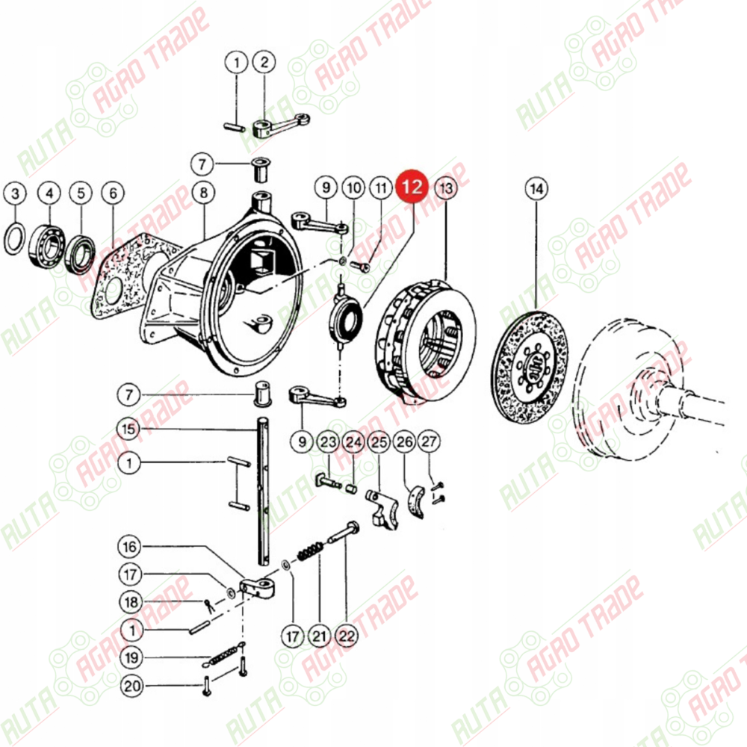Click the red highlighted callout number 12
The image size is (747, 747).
[x=412, y=187]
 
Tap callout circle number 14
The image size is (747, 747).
[x=536, y=189]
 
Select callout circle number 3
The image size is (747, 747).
[x=15, y=193]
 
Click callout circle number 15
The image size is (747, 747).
[x=129, y=429]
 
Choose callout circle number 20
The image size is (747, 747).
[x=132, y=686]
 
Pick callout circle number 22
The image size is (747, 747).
[x=347, y=636]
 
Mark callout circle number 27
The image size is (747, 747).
[x=429, y=441]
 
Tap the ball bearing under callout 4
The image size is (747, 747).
[x=47, y=245]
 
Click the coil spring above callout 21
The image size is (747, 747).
[x=311, y=551]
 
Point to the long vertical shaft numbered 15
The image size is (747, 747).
[x=264, y=491]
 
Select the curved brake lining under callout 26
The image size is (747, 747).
[x=417, y=501]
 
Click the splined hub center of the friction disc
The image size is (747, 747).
[x=533, y=368]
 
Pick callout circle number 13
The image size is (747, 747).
[x=446, y=187]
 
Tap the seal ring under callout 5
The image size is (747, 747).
[x=81, y=254]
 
